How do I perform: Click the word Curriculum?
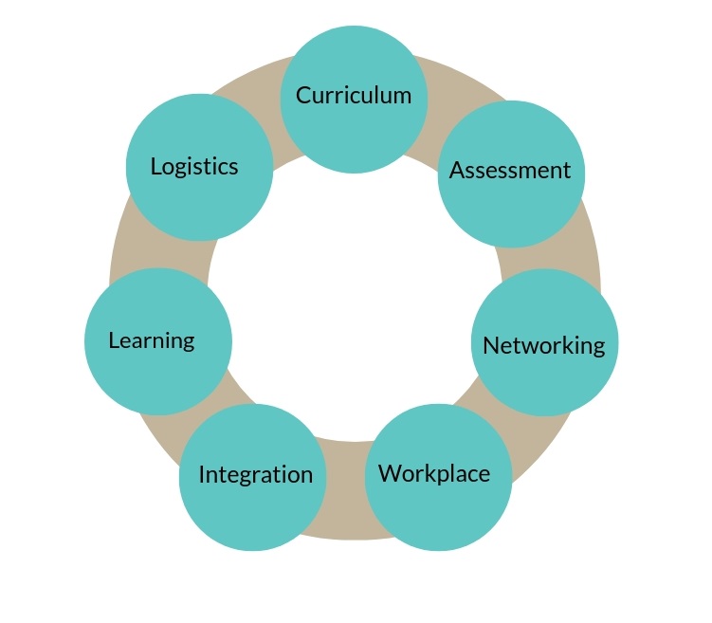tap(354, 95)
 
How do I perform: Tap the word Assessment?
tap(510, 171)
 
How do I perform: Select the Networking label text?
tap(543, 345)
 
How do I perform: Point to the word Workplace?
tap(434, 473)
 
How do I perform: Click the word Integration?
tap(255, 475)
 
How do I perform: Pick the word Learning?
tap(152, 340)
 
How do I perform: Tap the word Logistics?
tap(194, 167)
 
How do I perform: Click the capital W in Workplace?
tap(389, 473)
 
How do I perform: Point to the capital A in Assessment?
tap(457, 171)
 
